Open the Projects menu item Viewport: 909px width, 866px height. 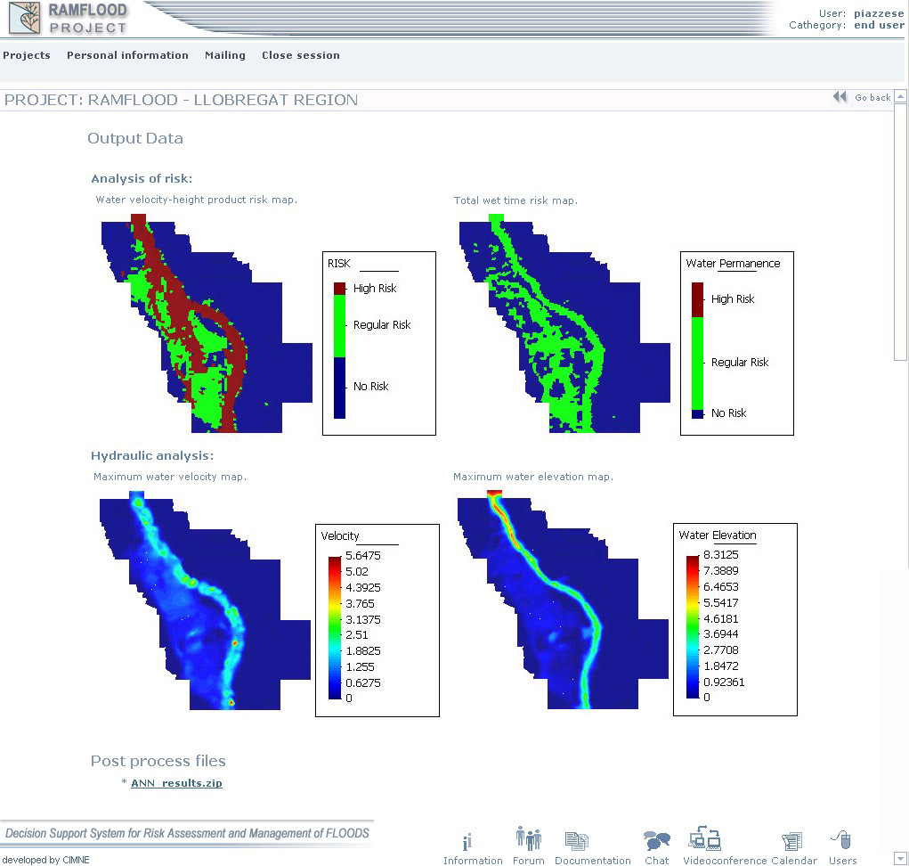[27, 55]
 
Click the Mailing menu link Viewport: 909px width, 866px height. [225, 55]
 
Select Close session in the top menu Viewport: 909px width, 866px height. [300, 55]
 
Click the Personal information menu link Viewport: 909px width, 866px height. [127, 55]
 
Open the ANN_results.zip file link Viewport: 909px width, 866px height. [176, 783]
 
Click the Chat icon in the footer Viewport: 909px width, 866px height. [657, 840]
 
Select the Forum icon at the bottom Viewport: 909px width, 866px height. [529, 838]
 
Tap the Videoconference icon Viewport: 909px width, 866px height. [705, 838]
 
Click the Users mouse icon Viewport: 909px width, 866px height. [841, 839]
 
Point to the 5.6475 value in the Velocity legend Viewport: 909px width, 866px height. [363, 556]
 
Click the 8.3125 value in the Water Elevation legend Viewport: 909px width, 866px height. [720, 554]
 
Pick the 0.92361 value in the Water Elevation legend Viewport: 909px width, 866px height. [724, 682]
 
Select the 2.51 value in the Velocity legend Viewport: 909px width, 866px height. [356, 635]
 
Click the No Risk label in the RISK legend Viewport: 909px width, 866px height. [371, 387]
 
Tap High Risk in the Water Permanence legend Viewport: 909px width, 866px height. [733, 298]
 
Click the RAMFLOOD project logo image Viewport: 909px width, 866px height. [24, 18]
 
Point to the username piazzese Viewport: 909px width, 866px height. [879, 13]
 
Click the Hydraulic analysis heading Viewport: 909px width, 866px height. [152, 456]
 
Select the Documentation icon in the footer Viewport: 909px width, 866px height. [576, 840]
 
